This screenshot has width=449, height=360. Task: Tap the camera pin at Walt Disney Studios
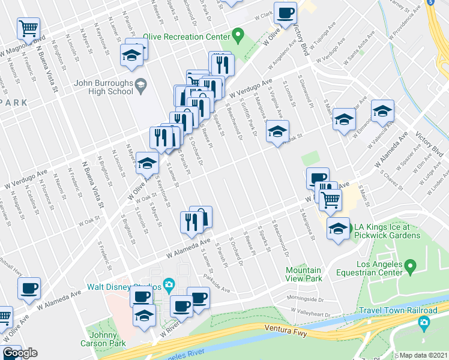point(169,284)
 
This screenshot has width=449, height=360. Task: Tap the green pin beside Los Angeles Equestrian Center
point(411,265)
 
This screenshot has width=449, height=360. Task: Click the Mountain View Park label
point(304,274)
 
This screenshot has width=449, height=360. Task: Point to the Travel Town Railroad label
point(398,310)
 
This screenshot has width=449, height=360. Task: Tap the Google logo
point(20,353)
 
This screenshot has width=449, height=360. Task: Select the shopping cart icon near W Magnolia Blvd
point(29,28)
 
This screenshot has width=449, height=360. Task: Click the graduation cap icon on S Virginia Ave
point(277,131)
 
